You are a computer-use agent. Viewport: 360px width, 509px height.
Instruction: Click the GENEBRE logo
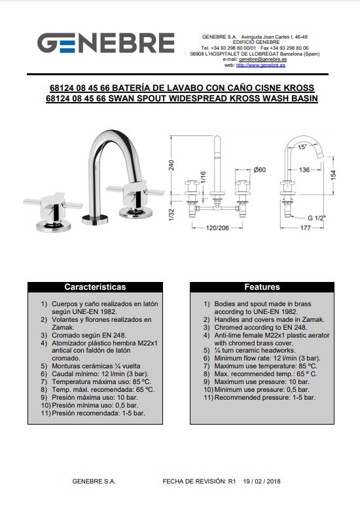pos(106,43)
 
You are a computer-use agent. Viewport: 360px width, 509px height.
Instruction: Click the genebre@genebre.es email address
pos(263,60)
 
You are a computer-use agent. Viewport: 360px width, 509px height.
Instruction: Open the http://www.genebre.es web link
pos(261,65)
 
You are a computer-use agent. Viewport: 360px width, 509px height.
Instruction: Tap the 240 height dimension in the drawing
pos(171,166)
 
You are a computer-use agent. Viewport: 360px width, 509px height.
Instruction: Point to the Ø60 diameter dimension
pos(259,169)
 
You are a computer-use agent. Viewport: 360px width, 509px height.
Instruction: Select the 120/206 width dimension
pos(217,228)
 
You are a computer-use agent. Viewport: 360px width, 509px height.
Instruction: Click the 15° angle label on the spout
pos(302,147)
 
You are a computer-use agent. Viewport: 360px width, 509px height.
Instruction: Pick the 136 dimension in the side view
pos(304,169)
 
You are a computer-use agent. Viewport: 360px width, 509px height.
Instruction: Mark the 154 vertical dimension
pos(333,175)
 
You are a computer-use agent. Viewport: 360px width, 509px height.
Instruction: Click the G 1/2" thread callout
pos(316,218)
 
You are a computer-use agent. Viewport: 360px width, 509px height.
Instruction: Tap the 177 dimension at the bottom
pos(306,228)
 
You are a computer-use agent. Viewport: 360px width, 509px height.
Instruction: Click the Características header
pos(95,287)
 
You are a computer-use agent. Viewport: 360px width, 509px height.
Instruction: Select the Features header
pos(262,287)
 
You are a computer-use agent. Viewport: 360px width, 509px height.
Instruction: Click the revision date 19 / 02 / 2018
pos(262,482)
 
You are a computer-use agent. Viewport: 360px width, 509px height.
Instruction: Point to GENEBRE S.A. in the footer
pos(94,482)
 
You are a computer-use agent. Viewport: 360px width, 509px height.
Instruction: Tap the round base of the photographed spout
pos(95,219)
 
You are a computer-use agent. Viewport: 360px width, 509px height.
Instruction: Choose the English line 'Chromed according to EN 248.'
pos(261,327)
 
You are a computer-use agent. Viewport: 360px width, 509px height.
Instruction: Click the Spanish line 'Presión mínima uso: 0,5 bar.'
pos(95,405)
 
